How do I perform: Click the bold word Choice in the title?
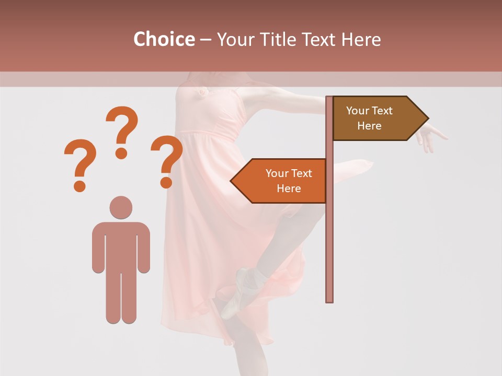pos(164,39)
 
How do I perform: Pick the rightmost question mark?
pos(167,161)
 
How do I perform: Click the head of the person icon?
pos(121,207)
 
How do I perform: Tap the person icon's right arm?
pos(143,248)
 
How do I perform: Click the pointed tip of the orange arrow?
pos(232,181)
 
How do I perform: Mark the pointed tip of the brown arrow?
pos(427,118)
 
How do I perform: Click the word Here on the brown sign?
pos(369,126)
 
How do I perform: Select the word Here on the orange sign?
pos(289,189)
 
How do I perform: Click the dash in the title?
pos(206,39)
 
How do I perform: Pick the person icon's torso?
pos(121,245)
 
